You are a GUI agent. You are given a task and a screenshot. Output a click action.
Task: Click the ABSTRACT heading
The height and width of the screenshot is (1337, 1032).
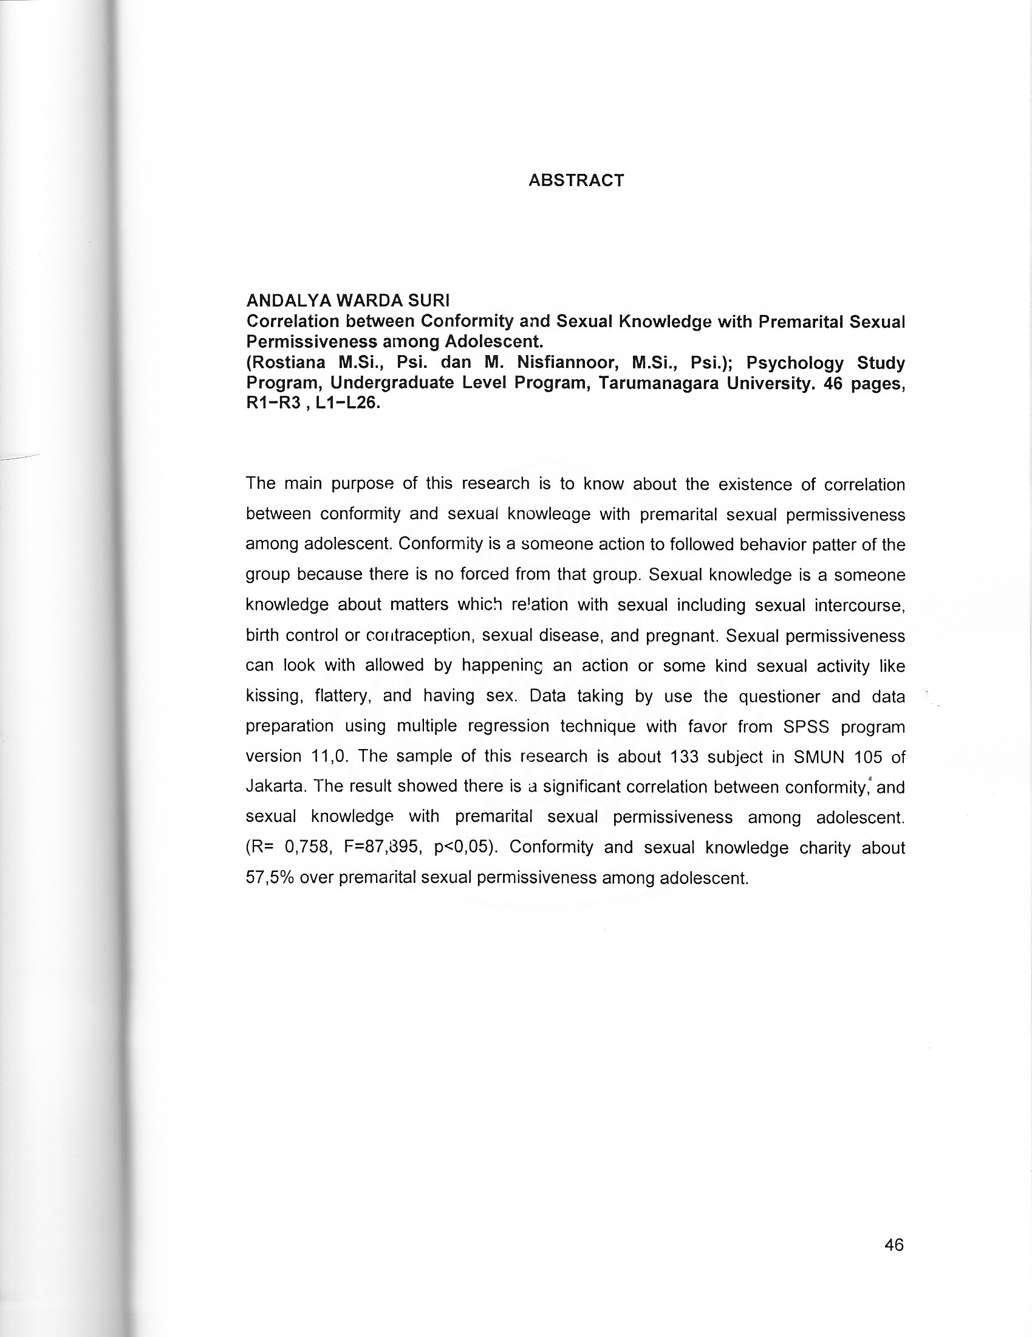pyautogui.click(x=576, y=181)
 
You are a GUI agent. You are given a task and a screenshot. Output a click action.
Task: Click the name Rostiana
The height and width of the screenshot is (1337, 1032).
pyautogui.click(x=285, y=363)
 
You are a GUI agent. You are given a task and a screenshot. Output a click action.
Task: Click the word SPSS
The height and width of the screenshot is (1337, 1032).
pyautogui.click(x=805, y=727)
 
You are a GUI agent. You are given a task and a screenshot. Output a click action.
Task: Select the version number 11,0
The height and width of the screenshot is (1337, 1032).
pyautogui.click(x=330, y=756)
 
